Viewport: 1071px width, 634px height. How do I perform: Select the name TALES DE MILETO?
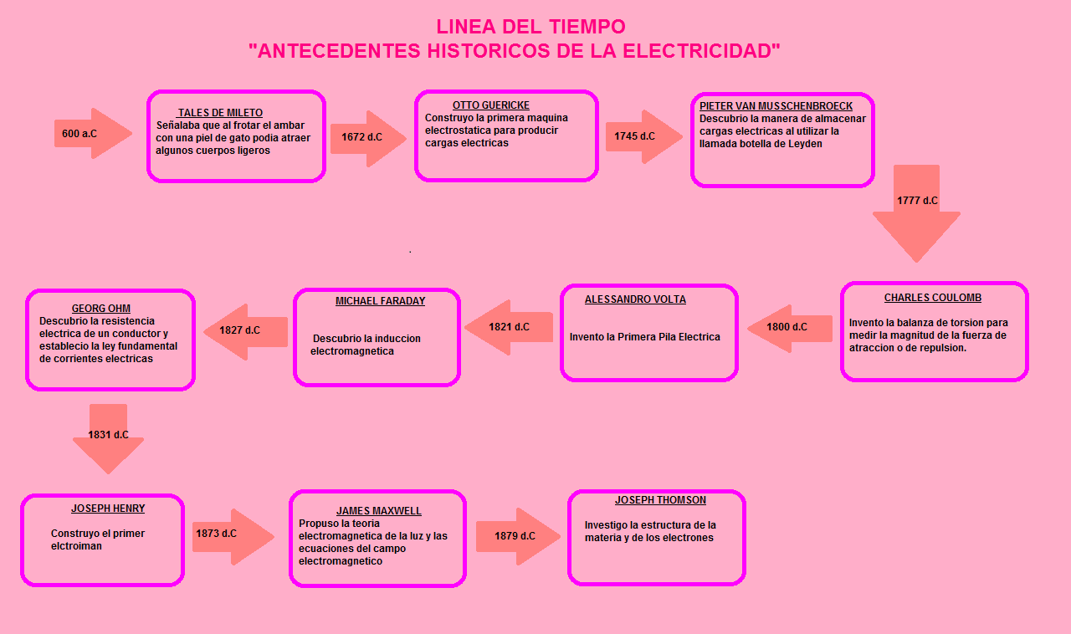220,113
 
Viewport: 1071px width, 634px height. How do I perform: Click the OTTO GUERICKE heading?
490,105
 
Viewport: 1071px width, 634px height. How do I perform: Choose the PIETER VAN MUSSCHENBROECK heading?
776,106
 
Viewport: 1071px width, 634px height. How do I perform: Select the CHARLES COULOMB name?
933,298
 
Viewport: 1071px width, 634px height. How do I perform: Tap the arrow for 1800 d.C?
789,327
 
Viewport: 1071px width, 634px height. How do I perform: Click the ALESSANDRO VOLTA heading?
635,299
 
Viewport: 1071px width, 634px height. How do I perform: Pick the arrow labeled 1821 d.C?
509,327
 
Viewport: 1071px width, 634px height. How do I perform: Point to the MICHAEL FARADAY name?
380,301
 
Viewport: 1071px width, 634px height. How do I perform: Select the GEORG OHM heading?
101,309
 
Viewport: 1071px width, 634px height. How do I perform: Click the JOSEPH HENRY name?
108,509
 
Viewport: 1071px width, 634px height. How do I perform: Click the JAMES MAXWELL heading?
379,511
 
